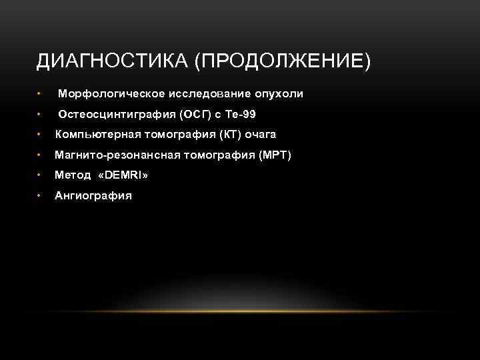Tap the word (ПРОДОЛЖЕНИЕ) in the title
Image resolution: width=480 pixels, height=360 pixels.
282,62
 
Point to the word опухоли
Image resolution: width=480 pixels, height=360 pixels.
280,94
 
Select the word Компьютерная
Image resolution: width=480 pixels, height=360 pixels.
95,135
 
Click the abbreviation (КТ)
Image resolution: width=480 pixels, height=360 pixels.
227,135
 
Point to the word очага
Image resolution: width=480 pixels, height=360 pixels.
261,135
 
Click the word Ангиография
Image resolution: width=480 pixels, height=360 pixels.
93,196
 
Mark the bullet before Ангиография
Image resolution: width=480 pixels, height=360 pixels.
40,196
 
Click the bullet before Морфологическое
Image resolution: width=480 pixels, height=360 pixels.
40,94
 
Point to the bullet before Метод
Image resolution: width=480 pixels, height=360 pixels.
40,175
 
